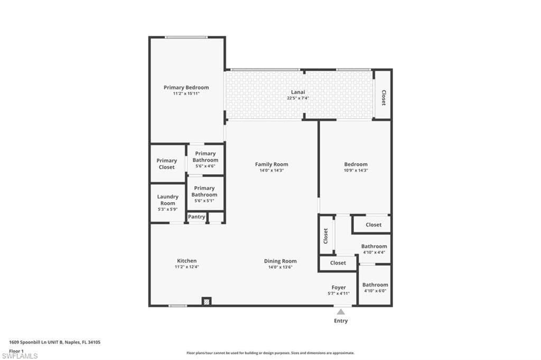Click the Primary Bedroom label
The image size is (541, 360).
[186, 88]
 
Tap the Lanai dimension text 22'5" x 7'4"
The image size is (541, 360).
[298, 98]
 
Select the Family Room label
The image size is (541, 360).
[272, 165]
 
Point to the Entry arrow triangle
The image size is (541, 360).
[341, 312]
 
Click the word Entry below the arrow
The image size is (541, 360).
[341, 321]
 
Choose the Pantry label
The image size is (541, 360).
[197, 216]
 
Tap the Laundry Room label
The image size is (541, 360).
[167, 200]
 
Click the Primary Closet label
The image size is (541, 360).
[166, 164]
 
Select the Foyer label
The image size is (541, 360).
[339, 287]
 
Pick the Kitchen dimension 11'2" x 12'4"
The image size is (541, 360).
[186, 267]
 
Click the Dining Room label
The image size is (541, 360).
[280, 261]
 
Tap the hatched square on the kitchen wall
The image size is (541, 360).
[207, 302]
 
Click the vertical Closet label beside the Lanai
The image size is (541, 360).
[384, 98]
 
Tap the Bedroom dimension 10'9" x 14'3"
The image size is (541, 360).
[356, 170]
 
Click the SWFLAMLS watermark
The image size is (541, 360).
[20, 356]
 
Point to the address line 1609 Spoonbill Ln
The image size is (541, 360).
[54, 343]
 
